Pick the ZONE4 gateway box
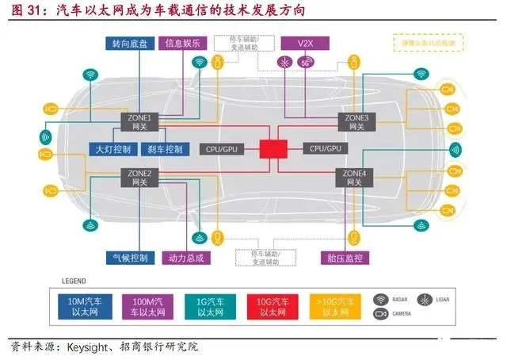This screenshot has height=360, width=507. (x=353, y=177)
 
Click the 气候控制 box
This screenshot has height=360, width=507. (x=128, y=258)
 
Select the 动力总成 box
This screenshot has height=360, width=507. (x=187, y=258)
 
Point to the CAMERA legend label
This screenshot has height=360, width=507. (x=402, y=316)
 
